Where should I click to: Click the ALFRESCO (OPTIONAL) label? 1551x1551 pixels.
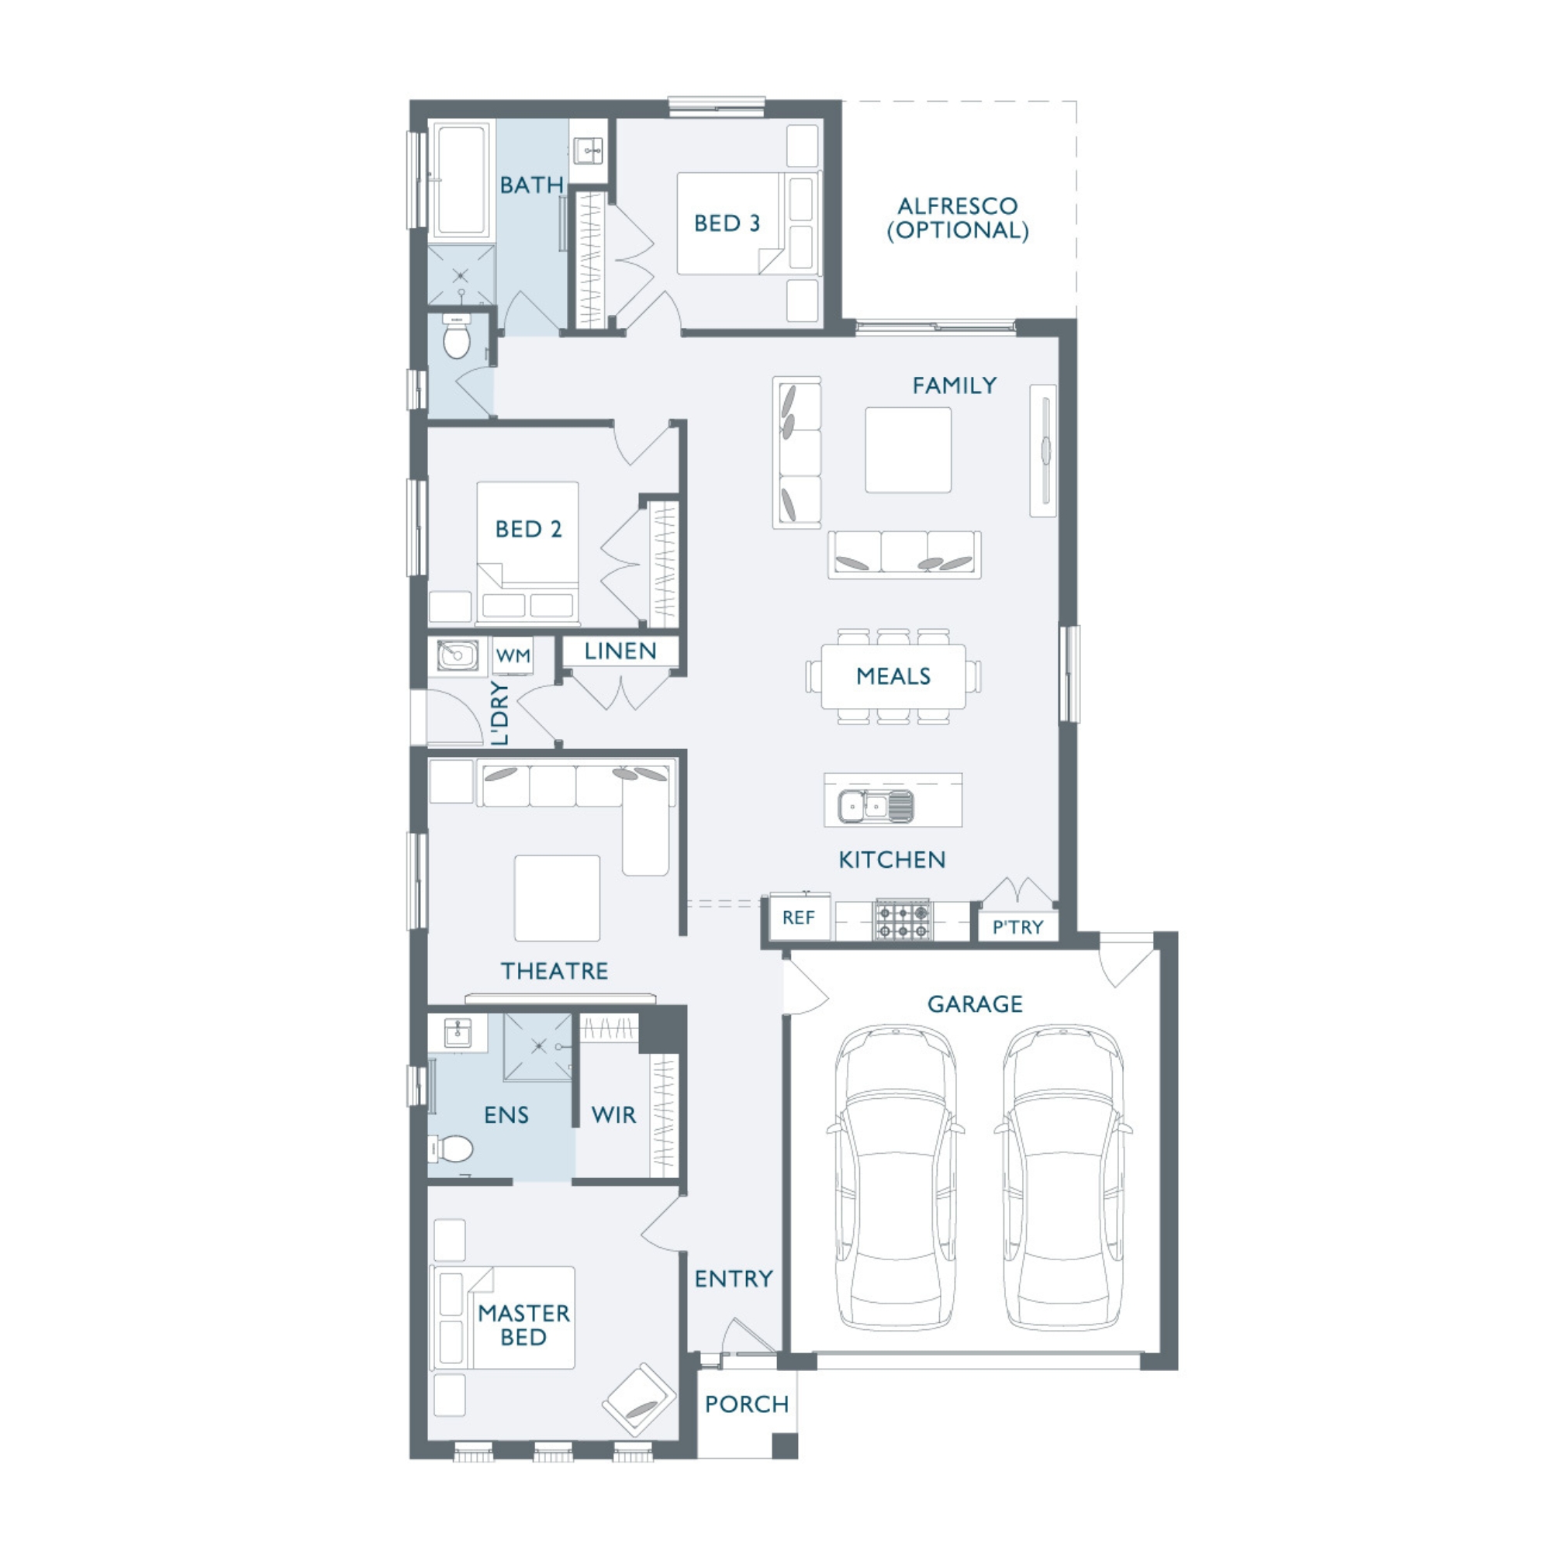point(958,218)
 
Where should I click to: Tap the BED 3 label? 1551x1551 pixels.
point(727,223)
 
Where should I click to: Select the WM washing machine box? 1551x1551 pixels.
point(512,655)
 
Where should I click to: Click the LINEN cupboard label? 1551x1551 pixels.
point(620,651)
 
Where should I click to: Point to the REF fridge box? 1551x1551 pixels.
point(799,917)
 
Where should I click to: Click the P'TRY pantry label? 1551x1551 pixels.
point(1017,927)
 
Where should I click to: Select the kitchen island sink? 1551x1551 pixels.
point(875,805)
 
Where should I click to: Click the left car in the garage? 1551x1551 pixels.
point(895,1178)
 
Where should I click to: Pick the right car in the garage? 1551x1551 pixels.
point(1063,1178)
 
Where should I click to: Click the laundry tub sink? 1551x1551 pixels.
point(458,655)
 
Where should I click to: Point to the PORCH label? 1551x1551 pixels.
point(747,1404)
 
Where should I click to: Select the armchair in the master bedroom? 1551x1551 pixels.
point(640,1400)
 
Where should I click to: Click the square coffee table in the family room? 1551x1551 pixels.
point(908,450)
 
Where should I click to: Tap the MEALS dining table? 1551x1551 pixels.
point(893,676)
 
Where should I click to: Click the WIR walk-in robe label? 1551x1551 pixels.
point(613,1114)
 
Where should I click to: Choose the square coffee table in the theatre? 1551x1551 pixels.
point(557,897)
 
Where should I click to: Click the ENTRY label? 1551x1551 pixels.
point(734,1279)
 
